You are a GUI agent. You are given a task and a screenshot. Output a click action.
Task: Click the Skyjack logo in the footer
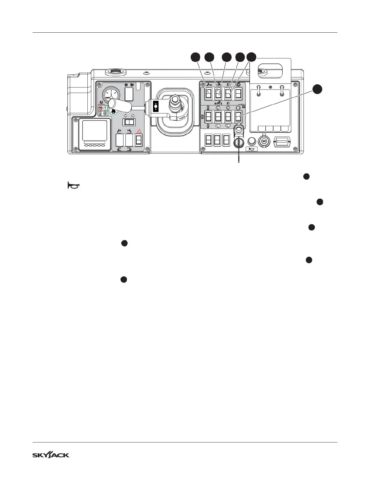pyautogui.click(x=51, y=455)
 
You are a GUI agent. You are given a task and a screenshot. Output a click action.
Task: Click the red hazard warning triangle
pyautogui.click(x=139, y=131)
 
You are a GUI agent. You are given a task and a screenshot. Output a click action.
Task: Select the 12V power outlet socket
pyautogui.click(x=264, y=141)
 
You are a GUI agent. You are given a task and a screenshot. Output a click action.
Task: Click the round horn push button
pyautogui.click(x=252, y=141)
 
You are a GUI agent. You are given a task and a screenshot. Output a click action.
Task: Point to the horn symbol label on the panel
pyautogui.click(x=252, y=149)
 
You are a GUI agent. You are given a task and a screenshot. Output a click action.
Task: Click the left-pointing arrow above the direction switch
pyautogui.click(x=125, y=116)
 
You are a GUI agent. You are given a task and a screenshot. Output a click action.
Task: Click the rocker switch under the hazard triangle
pyautogui.click(x=138, y=140)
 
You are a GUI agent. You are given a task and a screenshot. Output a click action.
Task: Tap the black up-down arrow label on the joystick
pyautogui.click(x=155, y=107)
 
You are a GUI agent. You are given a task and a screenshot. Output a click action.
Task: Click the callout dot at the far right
pyautogui.click(x=317, y=89)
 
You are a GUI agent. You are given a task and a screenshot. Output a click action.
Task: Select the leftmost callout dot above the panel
pyautogui.click(x=196, y=57)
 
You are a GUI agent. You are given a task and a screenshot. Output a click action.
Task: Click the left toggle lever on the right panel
pyautogui.click(x=259, y=90)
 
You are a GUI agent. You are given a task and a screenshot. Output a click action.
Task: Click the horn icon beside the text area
pyautogui.click(x=73, y=185)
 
